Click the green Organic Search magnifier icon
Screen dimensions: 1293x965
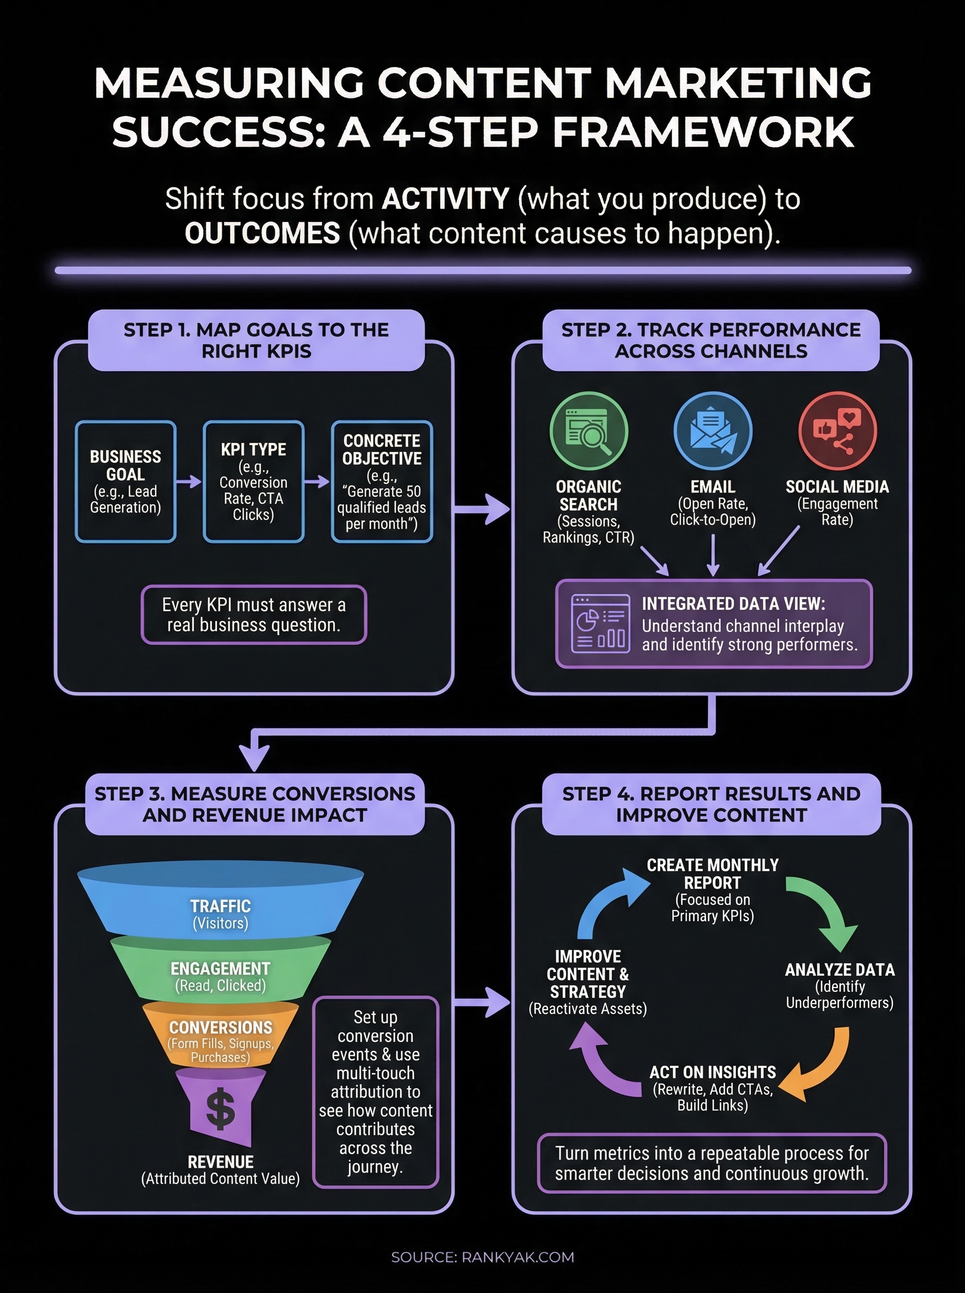(589, 430)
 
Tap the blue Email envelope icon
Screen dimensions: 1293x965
(712, 430)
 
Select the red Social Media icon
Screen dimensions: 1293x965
(837, 430)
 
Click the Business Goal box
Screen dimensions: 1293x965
(125, 482)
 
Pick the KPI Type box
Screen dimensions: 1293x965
(254, 482)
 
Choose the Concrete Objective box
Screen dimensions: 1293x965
(381, 482)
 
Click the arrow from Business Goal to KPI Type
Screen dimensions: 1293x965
(188, 482)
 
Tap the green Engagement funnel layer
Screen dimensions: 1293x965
(220, 970)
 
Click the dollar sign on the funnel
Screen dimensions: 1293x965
(221, 1108)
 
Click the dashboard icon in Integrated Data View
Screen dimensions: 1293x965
(600, 623)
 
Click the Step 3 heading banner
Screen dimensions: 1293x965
(255, 804)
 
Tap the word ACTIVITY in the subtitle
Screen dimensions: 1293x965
(445, 199)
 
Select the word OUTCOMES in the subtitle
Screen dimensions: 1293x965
(262, 233)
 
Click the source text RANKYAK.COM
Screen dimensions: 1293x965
(518, 1257)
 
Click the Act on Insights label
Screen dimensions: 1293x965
(712, 1072)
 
